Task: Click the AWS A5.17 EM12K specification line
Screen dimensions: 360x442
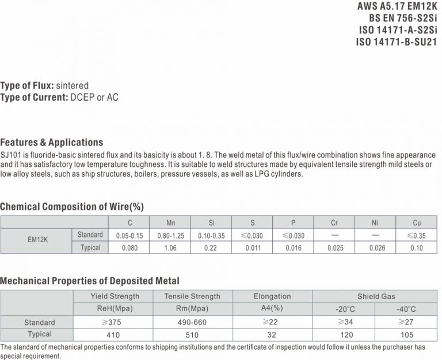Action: pyautogui.click(x=398, y=7)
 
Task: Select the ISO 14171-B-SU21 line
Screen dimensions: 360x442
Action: pyautogui.click(x=397, y=41)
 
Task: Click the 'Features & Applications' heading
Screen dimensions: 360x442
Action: pyautogui.click(x=52, y=142)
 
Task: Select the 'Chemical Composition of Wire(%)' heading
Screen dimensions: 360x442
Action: pyautogui.click(x=72, y=206)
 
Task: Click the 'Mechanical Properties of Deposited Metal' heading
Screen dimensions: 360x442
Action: pyautogui.click(x=90, y=281)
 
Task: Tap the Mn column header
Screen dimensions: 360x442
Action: pyautogui.click(x=170, y=223)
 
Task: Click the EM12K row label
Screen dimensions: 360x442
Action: pyautogui.click(x=37, y=242)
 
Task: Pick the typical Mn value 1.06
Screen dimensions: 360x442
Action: pyautogui.click(x=170, y=248)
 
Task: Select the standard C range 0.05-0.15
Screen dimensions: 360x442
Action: pyautogui.click(x=129, y=235)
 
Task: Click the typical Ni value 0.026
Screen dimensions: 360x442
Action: pyautogui.click(x=376, y=248)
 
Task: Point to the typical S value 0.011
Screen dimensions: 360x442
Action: pyautogui.click(x=253, y=248)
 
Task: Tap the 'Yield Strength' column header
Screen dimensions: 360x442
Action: pyautogui.click(x=115, y=296)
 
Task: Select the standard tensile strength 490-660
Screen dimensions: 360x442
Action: pyautogui.click(x=192, y=322)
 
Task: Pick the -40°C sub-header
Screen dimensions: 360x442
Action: pyautogui.click(x=406, y=309)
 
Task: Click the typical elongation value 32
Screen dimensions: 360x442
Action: pyautogui.click(x=272, y=334)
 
